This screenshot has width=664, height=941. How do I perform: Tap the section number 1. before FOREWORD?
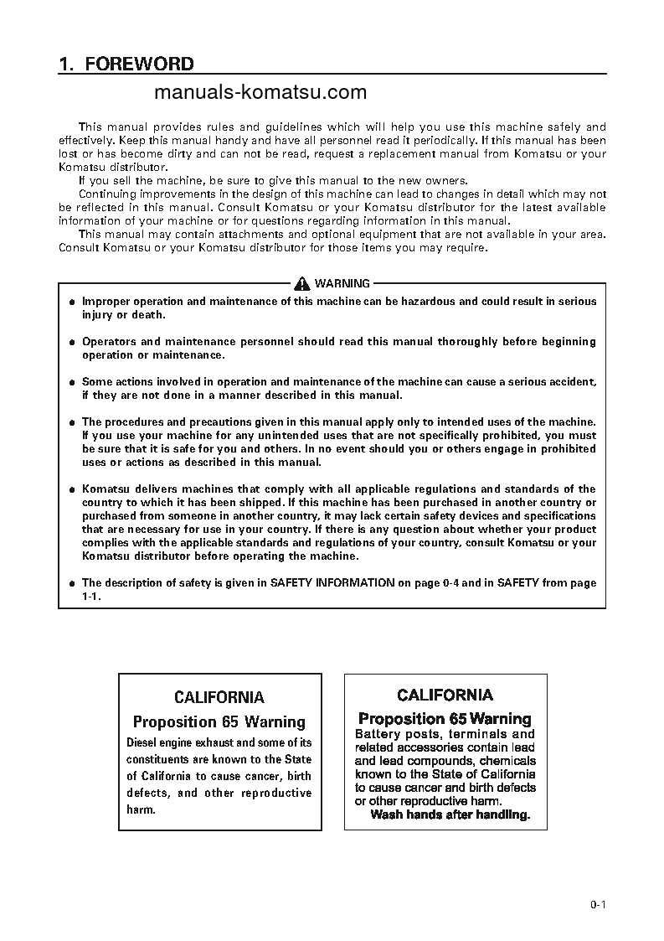67,65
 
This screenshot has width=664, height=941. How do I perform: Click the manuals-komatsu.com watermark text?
260,92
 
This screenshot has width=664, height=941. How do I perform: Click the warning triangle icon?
300,284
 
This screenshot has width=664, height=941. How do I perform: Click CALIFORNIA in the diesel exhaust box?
219,697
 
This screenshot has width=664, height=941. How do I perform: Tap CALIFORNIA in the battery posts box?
445,695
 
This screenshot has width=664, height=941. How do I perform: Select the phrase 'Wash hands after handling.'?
450,814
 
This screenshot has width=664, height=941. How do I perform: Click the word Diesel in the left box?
143,742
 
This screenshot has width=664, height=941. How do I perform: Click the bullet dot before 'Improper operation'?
72,302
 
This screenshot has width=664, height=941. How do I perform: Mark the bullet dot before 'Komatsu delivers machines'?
72,489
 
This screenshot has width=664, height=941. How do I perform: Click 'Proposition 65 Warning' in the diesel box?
219,721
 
